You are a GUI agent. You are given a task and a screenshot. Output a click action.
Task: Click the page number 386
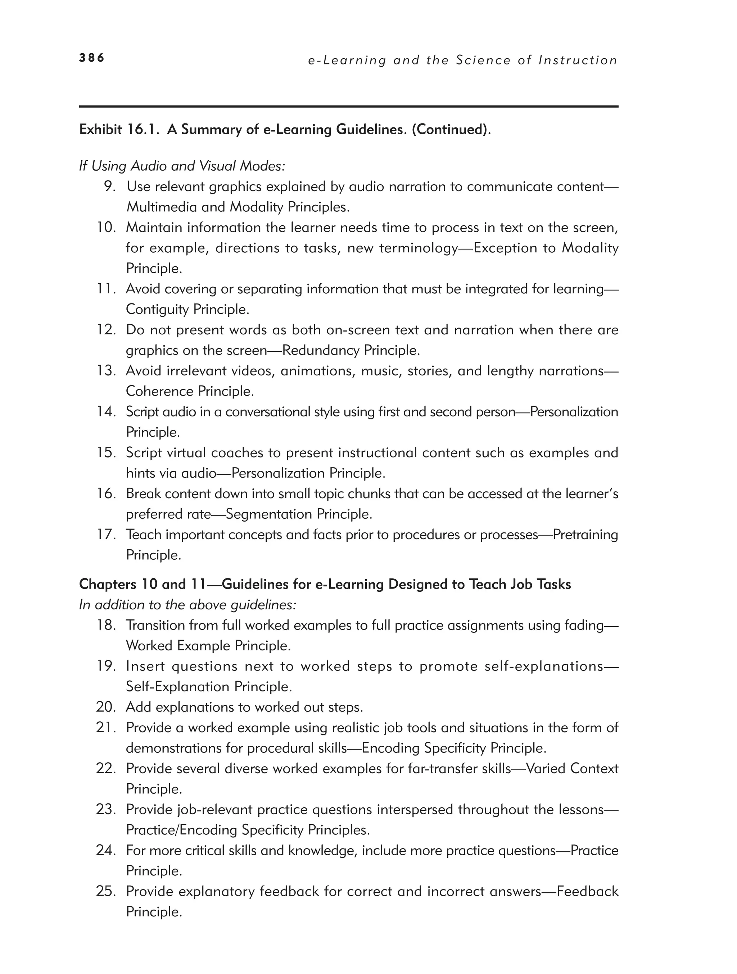point(91,58)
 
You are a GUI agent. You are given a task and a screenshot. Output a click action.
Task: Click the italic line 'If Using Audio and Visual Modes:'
point(182,166)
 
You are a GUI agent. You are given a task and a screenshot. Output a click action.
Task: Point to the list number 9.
point(110,187)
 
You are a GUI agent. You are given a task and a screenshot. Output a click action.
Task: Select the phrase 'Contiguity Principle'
point(187,310)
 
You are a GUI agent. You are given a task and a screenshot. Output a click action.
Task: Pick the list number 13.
point(106,371)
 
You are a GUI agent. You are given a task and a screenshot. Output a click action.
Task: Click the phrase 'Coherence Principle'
point(190,392)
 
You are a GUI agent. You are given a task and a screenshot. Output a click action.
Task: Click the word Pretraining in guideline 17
point(585,535)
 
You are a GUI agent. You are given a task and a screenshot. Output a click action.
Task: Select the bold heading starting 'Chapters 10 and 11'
point(325,584)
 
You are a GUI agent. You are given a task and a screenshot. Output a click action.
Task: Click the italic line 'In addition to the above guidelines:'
point(187,605)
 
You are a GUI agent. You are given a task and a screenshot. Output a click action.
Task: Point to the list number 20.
point(106,707)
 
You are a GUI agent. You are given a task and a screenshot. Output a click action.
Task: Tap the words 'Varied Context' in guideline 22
point(572,768)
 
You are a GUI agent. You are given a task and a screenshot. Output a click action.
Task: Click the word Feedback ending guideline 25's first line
point(587,891)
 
